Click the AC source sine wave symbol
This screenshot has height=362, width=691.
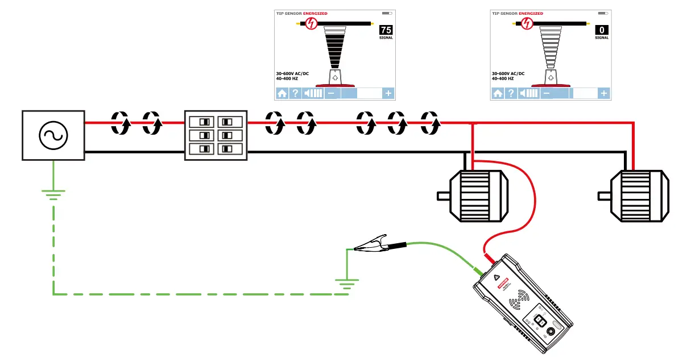coord(53,135)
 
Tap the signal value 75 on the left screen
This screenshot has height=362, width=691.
coord(386,31)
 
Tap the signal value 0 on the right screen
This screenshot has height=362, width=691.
coord(602,31)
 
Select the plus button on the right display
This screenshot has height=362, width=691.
coord(604,93)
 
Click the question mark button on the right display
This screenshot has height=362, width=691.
coord(511,93)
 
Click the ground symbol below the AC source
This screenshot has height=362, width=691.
coord(53,195)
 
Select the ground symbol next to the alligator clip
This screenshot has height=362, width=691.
coord(346,282)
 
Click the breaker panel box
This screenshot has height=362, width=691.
coord(216,135)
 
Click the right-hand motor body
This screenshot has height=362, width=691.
coord(639,195)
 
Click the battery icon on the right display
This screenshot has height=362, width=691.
coord(603,13)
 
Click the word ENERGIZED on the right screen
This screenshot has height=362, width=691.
coord(531,13)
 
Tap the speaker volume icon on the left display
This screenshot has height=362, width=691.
coord(313,93)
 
